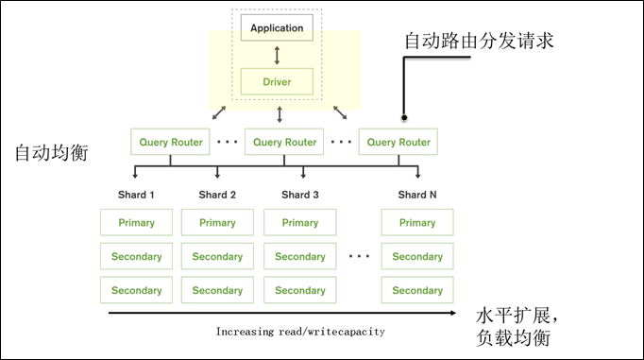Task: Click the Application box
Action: pos(277,27)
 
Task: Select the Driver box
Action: pos(277,81)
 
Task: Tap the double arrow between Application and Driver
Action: pos(277,55)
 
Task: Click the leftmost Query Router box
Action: pos(171,142)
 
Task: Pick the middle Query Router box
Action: pos(284,142)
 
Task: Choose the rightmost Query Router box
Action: pos(398,142)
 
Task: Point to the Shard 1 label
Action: pos(136,195)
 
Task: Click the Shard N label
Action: pos(417,195)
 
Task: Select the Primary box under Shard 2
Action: pos(217,222)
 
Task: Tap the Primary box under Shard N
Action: pos(417,222)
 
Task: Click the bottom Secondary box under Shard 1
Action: pos(136,290)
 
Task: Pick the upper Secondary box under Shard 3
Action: pos(300,256)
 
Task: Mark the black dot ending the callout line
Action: pos(404,118)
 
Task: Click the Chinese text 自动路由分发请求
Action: pos(479,41)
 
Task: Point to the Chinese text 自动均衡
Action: pos(51,153)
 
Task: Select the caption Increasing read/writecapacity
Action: pos(300,332)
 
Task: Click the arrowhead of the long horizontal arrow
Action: pos(452,313)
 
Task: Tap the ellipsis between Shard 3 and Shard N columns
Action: pos(359,256)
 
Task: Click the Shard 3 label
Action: pos(300,195)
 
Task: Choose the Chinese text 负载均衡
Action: pos(514,338)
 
